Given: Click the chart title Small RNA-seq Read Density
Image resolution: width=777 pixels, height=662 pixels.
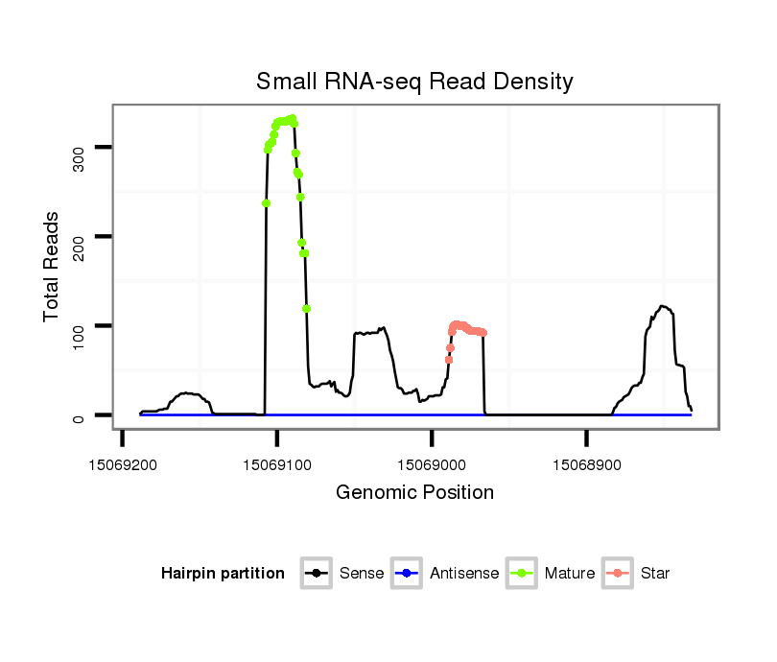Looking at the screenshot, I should [414, 82].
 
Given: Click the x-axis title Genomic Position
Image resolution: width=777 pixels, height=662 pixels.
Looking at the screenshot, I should [414, 493].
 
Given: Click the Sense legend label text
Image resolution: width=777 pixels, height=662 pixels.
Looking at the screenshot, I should [362, 574].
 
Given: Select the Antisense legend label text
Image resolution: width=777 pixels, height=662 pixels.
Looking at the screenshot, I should [464, 574].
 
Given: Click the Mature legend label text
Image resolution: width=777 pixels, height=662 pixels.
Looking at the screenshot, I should [570, 574].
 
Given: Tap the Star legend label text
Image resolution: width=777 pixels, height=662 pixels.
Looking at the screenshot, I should [655, 574].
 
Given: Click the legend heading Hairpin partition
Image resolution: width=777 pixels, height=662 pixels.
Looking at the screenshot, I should [223, 574].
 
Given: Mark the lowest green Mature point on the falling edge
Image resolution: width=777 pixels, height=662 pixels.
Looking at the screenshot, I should [306, 309].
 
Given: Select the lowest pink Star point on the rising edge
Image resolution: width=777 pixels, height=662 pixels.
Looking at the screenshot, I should [449, 360].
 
